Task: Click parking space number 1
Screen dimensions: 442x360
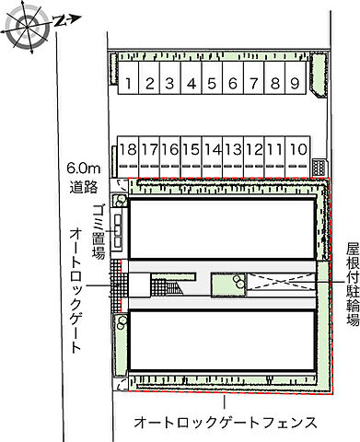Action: (130, 84)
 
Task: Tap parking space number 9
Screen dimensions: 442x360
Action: (293, 84)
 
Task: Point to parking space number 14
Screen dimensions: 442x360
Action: (212, 148)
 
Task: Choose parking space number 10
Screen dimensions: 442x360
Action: (296, 148)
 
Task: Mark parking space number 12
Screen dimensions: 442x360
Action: (254, 148)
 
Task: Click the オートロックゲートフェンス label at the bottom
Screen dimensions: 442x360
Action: (226, 423)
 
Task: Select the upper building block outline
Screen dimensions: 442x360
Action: (221, 230)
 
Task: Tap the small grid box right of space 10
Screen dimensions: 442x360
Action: (319, 167)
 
